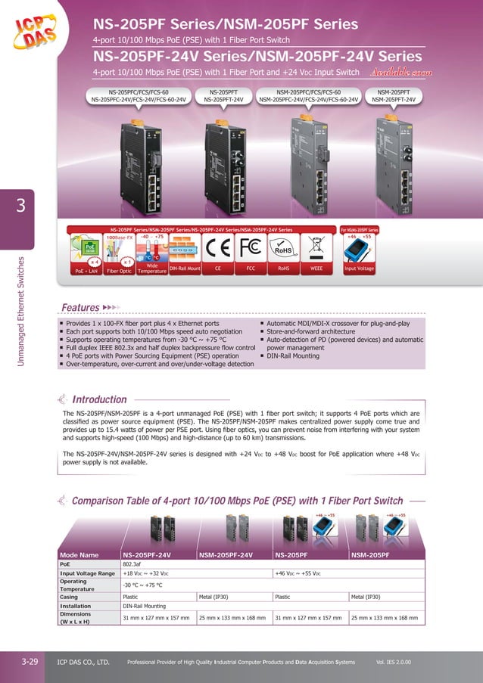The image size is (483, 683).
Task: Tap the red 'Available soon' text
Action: [x=400, y=73]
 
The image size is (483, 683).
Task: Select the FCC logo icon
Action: [x=251, y=247]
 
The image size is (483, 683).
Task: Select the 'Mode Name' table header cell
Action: [x=79, y=554]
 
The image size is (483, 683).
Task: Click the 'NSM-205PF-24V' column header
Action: [x=225, y=554]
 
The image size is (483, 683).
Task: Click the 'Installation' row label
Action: [x=75, y=606]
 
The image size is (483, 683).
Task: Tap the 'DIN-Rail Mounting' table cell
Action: [x=148, y=606]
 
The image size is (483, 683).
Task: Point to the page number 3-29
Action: [x=30, y=662]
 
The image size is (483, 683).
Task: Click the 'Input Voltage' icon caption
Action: [x=359, y=267]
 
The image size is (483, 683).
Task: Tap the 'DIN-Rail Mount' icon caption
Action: [x=185, y=267]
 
